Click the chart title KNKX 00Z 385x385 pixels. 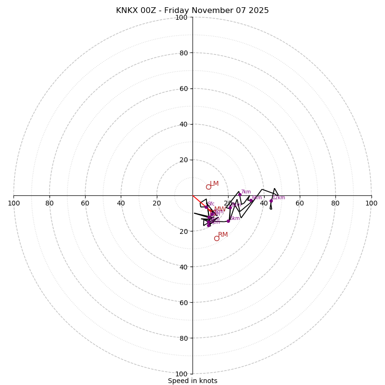tap(192, 11)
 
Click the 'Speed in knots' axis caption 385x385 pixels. tap(192, 381)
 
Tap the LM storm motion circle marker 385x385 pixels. tap(208, 187)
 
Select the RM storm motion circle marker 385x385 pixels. tap(217, 238)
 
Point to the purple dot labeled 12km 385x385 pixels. tap(271, 201)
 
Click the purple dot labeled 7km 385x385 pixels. tap(240, 194)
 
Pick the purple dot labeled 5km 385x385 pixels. tap(228, 221)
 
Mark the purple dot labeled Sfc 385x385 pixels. tap(206, 207)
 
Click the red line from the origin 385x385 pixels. tap(199, 201)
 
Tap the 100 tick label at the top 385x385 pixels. tap(181, 18)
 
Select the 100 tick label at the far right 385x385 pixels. tap(371, 203)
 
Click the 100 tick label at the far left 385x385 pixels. tap(14, 203)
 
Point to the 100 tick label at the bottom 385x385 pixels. tap(181, 373)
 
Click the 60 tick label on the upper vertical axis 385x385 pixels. tap(183, 89)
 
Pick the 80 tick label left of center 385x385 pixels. tap(50, 203)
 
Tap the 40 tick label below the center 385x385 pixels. tap(183, 267)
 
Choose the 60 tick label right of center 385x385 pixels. tap(300, 203)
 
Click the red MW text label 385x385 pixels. tap(219, 209)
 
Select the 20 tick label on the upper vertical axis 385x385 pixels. tap(183, 160)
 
